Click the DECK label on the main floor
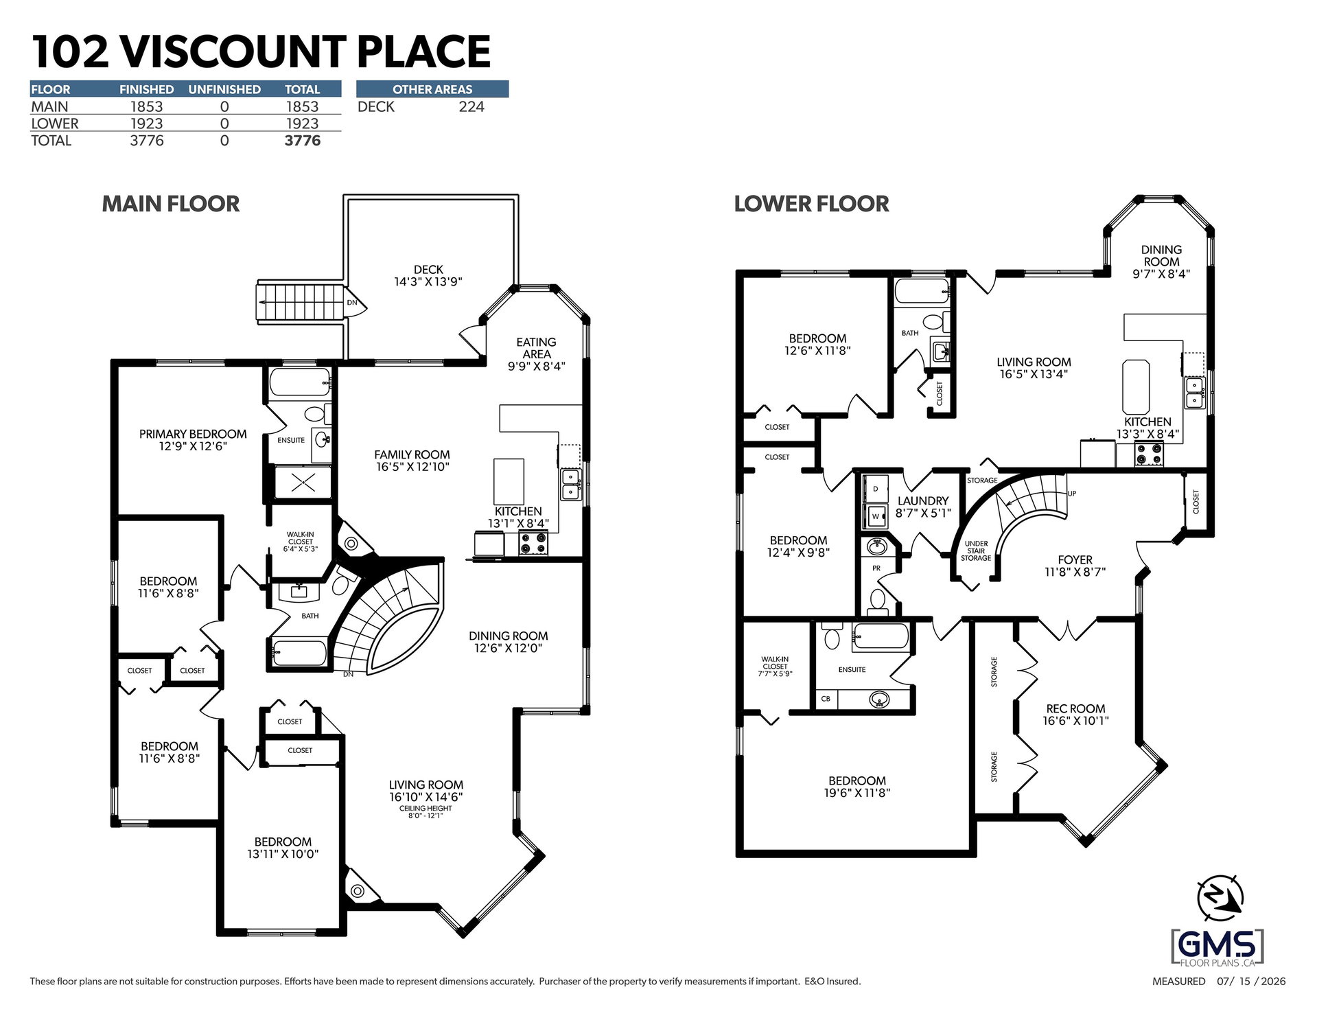[x=428, y=270]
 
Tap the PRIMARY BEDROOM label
[x=193, y=434]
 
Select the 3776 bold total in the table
[x=303, y=141]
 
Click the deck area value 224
[x=471, y=106]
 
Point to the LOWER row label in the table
[x=55, y=124]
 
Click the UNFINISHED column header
[x=224, y=89]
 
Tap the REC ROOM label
[x=1075, y=708]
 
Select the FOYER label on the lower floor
[x=1075, y=560]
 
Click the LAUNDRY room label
[x=923, y=501]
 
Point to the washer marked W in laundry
[x=875, y=516]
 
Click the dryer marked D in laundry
[x=875, y=489]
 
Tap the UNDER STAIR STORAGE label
[x=976, y=551]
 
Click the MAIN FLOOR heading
[x=171, y=204]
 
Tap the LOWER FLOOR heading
[x=811, y=204]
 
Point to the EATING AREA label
[x=536, y=348]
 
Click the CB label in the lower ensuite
[x=826, y=699]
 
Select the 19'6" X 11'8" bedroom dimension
[x=856, y=793]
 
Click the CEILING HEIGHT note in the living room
[x=426, y=809]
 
